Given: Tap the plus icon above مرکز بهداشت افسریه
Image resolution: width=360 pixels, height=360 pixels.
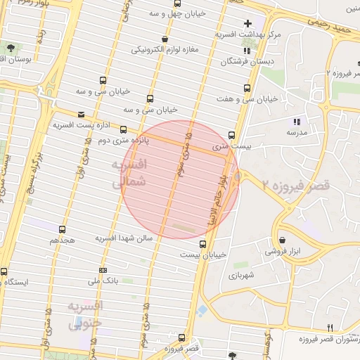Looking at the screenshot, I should tap(247, 23).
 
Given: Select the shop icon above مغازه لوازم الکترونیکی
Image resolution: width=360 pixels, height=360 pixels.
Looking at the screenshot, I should tap(164, 39).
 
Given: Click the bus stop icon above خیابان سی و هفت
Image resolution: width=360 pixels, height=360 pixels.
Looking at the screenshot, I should tap(246, 88).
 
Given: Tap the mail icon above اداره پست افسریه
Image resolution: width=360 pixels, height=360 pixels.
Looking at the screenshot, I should tap(81, 114).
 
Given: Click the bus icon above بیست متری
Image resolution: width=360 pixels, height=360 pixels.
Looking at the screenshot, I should tap(232, 135).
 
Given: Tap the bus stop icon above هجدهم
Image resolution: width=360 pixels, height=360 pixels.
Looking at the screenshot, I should tap(62, 229).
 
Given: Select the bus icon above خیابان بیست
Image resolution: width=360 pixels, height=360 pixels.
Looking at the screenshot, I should tap(203, 244).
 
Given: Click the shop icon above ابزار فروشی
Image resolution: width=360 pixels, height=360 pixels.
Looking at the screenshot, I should tap(282, 240).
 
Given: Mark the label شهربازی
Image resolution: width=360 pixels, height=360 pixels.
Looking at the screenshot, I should tap(240, 276).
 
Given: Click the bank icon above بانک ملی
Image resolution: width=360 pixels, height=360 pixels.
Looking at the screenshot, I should tap(103, 270).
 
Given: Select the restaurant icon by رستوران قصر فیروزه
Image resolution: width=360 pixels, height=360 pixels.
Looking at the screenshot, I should tap(330, 328).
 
